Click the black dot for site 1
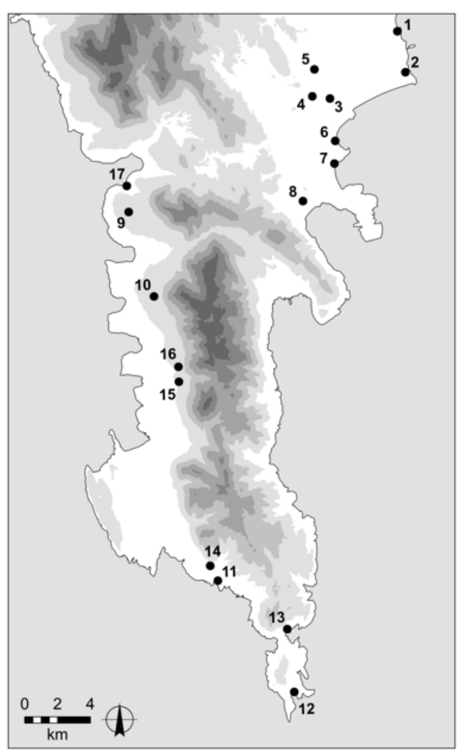397,31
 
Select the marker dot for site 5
315,69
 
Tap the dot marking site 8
303,201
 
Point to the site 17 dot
126,186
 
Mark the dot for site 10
154,296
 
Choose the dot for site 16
179,367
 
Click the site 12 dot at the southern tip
294,692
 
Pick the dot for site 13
287,629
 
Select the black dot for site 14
210,566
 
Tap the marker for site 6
335,141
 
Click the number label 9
121,223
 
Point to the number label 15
167,395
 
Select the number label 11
230,572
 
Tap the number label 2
414,62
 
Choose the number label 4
301,105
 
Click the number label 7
323,159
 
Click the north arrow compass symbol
120,720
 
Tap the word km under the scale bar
57,735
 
